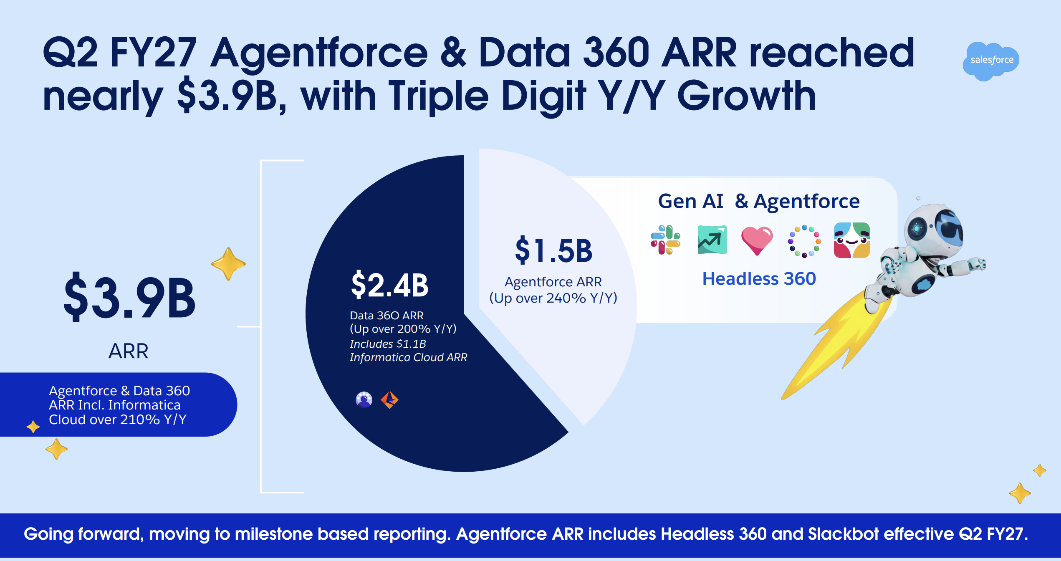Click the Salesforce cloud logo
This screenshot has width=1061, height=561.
tap(991, 61)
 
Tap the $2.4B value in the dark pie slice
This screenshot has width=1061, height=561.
tap(389, 285)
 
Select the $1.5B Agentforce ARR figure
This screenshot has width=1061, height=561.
tap(553, 250)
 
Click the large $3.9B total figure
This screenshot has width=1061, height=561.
tap(129, 297)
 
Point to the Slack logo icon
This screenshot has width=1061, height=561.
tap(665, 240)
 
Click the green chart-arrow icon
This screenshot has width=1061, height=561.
tap(712, 240)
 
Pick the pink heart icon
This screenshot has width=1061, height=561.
tap(757, 240)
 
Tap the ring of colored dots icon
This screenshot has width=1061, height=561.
tap(804, 241)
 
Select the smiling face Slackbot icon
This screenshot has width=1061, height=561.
tap(852, 240)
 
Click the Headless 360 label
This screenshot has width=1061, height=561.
tap(759, 279)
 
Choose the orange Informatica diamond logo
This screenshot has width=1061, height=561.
tap(389, 400)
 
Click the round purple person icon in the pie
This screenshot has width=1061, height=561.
tap(364, 400)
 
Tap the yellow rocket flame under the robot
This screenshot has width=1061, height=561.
tap(839, 342)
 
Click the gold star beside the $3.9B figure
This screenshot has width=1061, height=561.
tap(228, 264)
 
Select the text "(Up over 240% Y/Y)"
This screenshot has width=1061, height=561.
tap(553, 298)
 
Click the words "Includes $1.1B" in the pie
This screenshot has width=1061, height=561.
tap(388, 344)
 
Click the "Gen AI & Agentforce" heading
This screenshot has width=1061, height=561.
tap(759, 201)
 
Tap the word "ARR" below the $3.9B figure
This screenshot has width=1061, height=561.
tap(129, 351)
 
